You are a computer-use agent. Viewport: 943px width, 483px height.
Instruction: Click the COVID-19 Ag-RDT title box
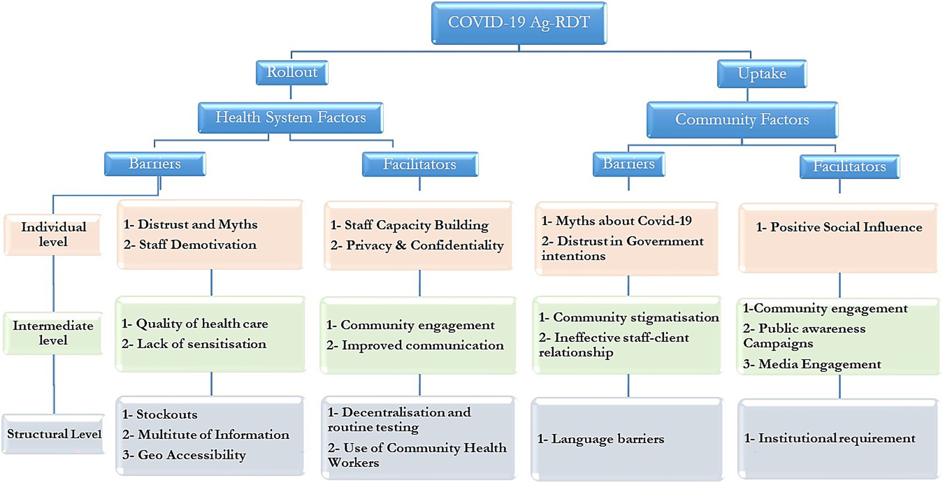click(519, 23)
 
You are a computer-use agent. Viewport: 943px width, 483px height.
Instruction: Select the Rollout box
click(292, 72)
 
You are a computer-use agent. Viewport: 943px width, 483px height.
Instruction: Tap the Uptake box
click(762, 74)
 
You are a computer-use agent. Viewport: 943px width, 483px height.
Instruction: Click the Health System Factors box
click(291, 118)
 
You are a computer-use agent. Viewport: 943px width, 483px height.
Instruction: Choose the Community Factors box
click(742, 120)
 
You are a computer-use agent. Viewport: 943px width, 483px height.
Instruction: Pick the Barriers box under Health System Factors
click(155, 164)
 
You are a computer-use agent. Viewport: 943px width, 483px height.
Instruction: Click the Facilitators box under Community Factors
click(849, 167)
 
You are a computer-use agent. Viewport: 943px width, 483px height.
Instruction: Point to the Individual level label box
click(53, 235)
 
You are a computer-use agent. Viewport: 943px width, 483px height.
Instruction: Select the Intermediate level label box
click(53, 333)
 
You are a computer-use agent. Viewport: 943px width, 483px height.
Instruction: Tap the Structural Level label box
click(54, 434)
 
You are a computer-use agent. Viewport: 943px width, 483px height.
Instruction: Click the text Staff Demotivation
click(197, 244)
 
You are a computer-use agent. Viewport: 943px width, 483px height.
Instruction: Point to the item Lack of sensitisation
click(201, 344)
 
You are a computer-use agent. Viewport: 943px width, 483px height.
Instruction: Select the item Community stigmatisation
click(636, 317)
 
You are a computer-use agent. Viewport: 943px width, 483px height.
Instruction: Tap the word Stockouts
click(167, 414)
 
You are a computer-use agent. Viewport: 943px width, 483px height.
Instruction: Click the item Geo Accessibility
click(191, 455)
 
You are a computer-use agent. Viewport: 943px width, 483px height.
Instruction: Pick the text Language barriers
click(607, 439)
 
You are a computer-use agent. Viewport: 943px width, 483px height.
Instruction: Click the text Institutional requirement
click(836, 438)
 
